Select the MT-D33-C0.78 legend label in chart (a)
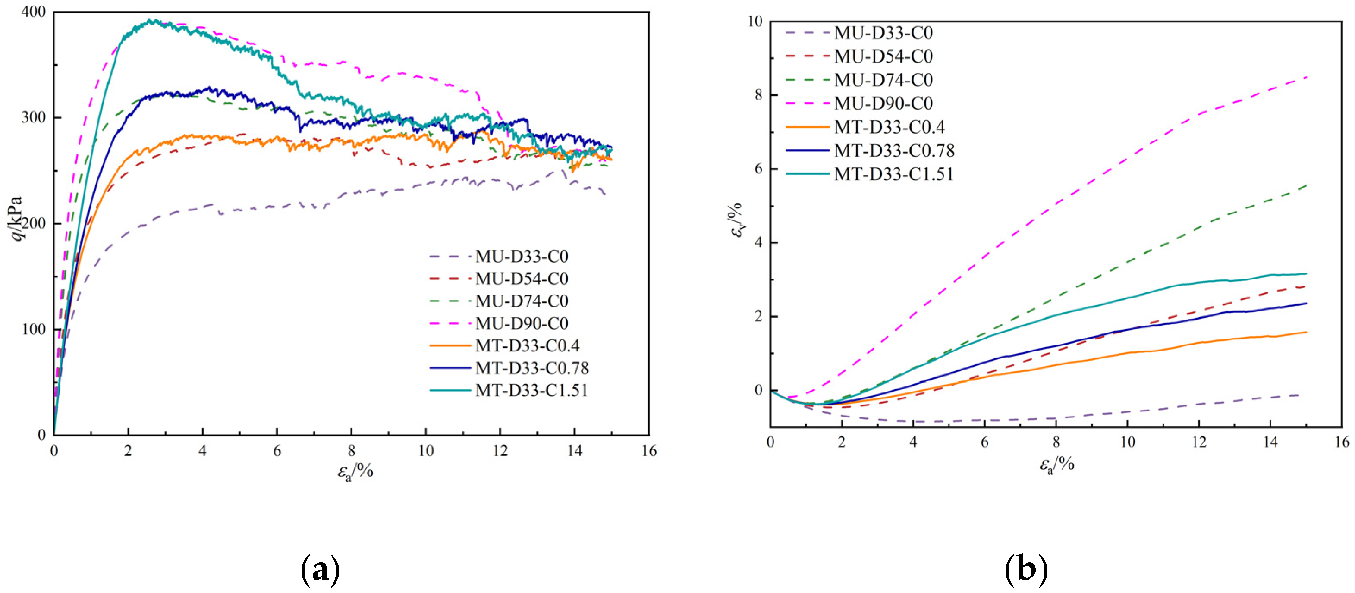pos(531,368)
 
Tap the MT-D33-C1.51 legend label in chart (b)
pos(894,174)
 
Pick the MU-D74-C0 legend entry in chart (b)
pos(883,80)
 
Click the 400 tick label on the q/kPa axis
pos(33,12)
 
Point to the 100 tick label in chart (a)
pos(33,329)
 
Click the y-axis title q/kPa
pos(17,218)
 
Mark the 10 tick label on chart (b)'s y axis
pos(755,21)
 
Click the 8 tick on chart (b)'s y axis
pos(758,95)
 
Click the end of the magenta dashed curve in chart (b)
pos(1305,77)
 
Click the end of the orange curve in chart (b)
pos(1305,332)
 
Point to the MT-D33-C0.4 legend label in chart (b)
pos(889,127)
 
